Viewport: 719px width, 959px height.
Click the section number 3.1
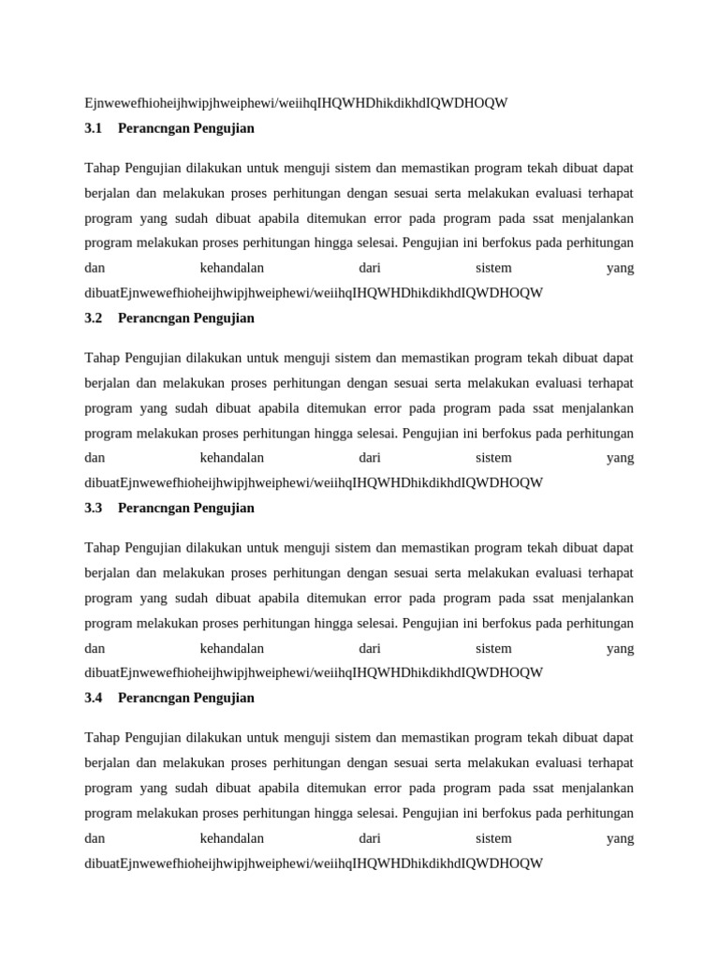[93, 128]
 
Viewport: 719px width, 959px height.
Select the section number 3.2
[93, 318]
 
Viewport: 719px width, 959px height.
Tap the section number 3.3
[93, 509]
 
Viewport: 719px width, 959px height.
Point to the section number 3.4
[93, 698]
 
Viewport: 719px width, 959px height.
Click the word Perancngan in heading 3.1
[153, 128]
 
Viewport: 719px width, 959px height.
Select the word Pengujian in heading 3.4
[224, 698]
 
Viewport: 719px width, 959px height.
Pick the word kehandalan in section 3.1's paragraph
[232, 268]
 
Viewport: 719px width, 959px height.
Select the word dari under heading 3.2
[370, 458]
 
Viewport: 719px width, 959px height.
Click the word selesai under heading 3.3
[373, 623]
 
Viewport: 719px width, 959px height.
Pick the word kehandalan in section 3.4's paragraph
[232, 838]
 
